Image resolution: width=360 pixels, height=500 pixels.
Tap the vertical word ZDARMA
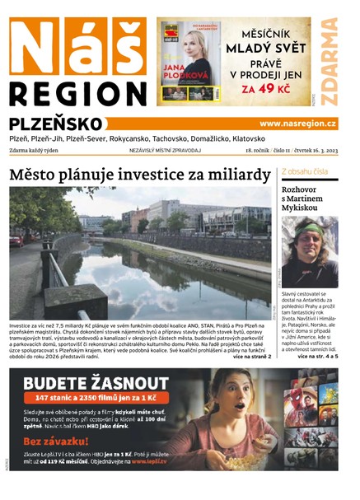click(330, 62)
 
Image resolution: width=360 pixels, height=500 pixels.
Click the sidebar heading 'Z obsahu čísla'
click(305, 171)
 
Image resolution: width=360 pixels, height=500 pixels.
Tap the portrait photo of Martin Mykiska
click(309, 251)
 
